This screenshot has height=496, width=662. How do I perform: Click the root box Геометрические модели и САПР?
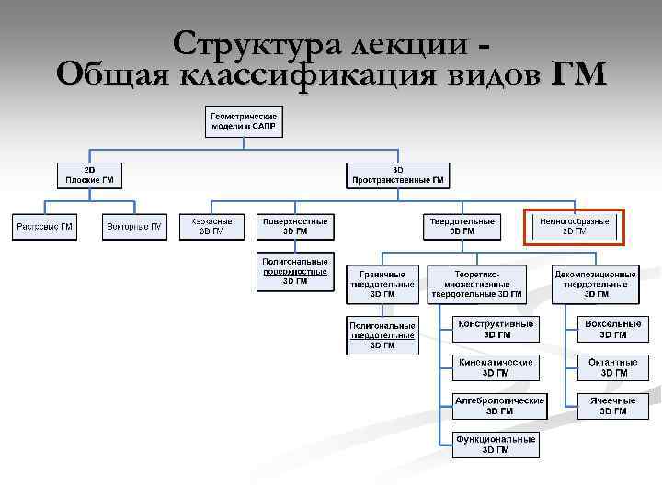click(x=244, y=121)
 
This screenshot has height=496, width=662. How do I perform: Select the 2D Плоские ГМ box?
click(x=90, y=175)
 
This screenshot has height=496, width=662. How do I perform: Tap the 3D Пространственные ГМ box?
click(x=397, y=175)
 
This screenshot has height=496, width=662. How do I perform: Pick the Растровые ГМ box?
click(x=43, y=226)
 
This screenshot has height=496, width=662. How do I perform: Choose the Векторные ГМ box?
click(x=134, y=226)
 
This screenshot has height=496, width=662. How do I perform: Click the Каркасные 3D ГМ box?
click(x=211, y=226)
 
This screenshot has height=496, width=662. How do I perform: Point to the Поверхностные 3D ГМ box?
click(x=295, y=226)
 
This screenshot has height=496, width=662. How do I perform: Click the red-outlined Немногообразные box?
click(x=574, y=226)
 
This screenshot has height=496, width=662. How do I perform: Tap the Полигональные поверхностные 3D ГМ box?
click(x=295, y=272)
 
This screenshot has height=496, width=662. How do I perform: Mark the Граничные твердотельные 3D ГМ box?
click(x=382, y=285)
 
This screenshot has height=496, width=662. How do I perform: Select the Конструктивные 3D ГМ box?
click(x=496, y=329)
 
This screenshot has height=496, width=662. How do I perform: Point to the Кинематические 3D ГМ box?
click(x=496, y=367)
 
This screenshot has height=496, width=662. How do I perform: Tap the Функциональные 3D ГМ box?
click(x=496, y=445)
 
